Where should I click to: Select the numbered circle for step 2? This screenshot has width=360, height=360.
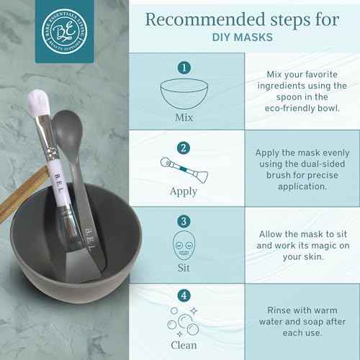184,148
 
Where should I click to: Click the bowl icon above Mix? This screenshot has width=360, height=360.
184,94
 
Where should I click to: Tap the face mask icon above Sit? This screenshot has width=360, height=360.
184,246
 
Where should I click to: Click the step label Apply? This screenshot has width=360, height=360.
184,192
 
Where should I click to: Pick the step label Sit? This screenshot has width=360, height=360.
184,266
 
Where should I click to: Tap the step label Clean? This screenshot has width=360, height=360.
184,344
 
